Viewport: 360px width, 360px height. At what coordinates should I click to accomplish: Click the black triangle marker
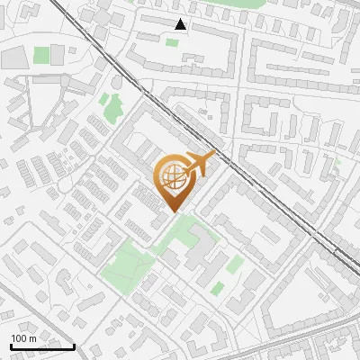coord(181,24)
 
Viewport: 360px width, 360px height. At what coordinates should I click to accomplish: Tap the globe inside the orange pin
coord(172,177)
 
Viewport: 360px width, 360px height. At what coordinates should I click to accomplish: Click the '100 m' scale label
coord(23,338)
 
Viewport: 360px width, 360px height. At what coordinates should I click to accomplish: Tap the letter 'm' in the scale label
coord(32,338)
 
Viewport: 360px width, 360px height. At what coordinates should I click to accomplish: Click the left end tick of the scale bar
coord(10,345)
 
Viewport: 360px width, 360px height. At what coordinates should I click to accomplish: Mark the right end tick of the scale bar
coord(74,345)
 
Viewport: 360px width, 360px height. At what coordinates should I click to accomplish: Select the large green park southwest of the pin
coord(126,266)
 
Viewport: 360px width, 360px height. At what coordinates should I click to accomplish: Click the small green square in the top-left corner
coord(41,55)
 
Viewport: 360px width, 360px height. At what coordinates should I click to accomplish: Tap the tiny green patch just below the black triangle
coord(172,41)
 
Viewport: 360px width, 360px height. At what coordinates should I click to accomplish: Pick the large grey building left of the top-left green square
coord(15,58)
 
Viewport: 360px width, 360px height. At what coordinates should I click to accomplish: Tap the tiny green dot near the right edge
coord(337,161)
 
